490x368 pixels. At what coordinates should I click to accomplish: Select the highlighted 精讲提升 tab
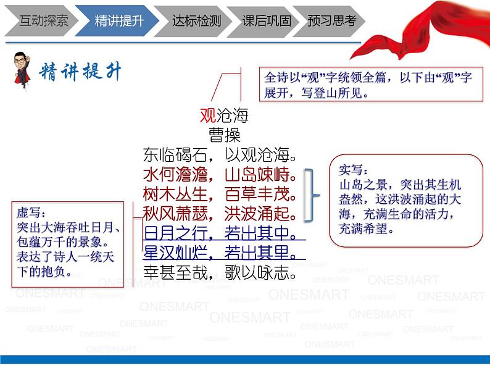(x=118, y=20)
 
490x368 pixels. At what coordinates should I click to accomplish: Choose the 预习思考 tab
(x=332, y=20)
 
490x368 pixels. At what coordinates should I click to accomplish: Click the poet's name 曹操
(x=224, y=135)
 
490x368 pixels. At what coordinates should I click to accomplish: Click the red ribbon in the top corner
(x=432, y=37)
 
